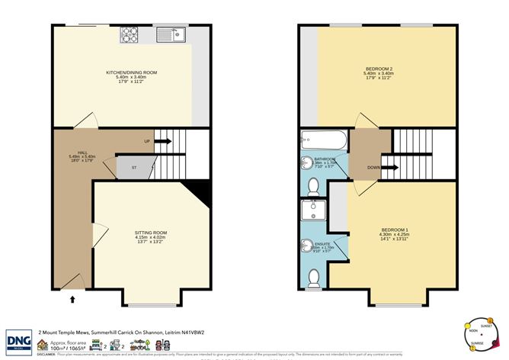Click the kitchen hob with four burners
pos(128,34)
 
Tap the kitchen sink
pos(170,34)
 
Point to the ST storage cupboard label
pos(134,167)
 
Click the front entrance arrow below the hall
pos(72,300)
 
